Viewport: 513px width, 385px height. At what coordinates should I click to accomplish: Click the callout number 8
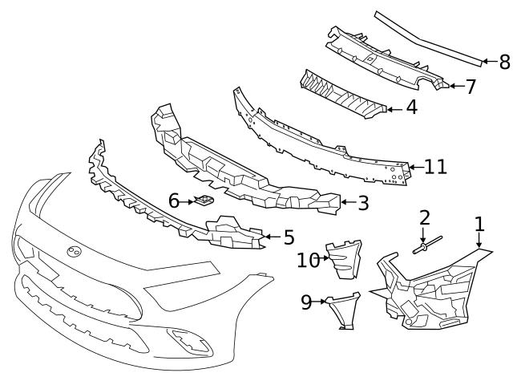coord(505,62)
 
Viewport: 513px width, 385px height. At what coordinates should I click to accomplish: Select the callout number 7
coord(471,87)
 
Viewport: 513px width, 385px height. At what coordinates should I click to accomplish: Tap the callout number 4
coord(412,107)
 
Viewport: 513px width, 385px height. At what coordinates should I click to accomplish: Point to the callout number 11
coord(436,167)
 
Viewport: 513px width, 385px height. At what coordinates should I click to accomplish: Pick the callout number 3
coord(363,203)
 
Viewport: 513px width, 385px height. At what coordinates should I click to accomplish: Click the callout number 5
coord(289,237)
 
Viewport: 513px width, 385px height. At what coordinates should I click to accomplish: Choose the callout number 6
coord(174,201)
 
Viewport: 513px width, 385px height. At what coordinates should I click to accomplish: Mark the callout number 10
coord(308,260)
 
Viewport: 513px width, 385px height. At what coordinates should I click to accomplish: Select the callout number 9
coord(306,302)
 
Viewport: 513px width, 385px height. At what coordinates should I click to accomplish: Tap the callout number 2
coord(424,218)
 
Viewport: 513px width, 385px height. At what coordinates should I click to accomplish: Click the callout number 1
coord(479,225)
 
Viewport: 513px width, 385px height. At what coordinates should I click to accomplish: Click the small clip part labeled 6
coord(204,200)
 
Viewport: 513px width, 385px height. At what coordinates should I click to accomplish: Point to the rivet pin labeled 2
coord(427,245)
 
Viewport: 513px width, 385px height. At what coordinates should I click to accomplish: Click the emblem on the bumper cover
coord(75,251)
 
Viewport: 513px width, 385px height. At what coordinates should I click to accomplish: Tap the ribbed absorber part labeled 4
coord(343,95)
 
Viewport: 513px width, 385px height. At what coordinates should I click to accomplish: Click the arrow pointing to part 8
coord(490,61)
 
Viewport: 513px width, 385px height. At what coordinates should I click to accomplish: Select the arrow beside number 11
coord(416,167)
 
